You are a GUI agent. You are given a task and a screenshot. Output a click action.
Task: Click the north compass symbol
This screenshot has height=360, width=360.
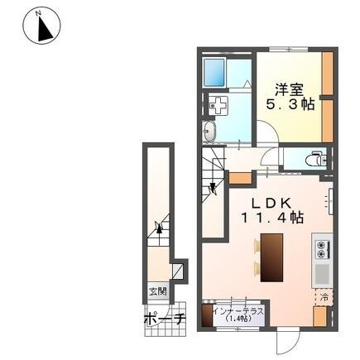click(x=41, y=26)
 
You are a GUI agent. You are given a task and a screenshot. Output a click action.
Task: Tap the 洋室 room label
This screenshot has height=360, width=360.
click(x=289, y=89)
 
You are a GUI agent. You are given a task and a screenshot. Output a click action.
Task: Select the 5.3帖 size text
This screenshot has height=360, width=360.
click(x=290, y=104)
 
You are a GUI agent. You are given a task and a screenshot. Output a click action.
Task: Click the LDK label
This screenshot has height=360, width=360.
click(x=271, y=204)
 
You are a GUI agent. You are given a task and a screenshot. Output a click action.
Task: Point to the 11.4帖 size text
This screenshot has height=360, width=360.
click(x=273, y=218)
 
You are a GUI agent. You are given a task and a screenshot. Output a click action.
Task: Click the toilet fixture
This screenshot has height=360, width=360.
click(x=317, y=158)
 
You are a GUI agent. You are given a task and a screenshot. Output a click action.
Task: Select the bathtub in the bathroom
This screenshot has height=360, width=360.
click(x=214, y=73)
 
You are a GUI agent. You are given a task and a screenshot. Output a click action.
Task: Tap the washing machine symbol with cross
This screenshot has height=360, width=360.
click(x=218, y=105)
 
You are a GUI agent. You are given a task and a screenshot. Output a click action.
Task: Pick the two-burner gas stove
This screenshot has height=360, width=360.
click(x=323, y=249)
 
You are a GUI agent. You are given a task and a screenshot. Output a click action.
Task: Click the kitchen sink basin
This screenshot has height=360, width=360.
click(x=323, y=275)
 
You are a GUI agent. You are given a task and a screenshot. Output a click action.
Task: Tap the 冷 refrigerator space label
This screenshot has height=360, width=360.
click(x=324, y=297)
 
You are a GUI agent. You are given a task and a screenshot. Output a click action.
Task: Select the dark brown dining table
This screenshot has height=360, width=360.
click(x=271, y=257)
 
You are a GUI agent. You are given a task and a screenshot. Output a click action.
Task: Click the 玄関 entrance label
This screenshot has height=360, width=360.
click(x=158, y=291)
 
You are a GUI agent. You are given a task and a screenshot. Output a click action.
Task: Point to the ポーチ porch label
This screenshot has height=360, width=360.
click(x=165, y=319)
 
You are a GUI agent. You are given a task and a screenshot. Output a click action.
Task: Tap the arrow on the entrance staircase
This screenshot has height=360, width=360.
click(x=159, y=227)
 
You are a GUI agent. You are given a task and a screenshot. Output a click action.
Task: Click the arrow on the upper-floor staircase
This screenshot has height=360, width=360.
click(x=213, y=188)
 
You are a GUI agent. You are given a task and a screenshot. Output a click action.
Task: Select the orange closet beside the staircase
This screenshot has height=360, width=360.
click(x=241, y=179)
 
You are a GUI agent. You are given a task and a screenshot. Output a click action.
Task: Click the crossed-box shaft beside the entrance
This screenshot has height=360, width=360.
click(x=178, y=271)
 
